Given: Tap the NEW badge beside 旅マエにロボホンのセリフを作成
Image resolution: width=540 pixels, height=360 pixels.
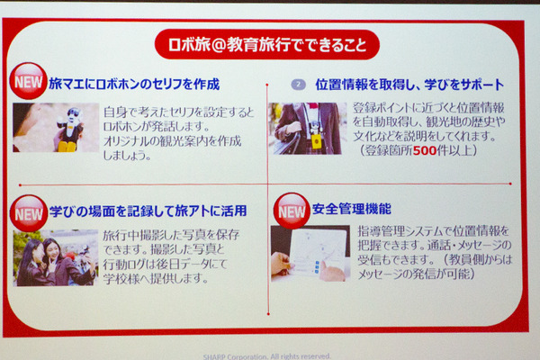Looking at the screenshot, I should point(28,82).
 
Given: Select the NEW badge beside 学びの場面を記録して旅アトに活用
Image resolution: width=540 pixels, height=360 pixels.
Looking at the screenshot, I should point(29,212).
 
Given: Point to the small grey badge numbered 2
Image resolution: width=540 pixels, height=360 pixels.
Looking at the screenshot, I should point(299,84).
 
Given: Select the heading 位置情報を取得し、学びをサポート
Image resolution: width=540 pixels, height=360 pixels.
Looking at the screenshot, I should point(409,84).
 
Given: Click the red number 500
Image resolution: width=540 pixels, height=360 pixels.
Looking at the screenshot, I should point(427,150).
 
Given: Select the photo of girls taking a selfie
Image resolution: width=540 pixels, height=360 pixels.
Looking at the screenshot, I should point(56,257).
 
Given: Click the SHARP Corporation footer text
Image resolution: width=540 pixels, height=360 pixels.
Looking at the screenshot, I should point(270,355).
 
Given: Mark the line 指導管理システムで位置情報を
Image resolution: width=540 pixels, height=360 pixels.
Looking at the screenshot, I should point(433,230).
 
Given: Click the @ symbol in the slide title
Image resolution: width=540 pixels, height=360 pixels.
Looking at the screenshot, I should point(213,43).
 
